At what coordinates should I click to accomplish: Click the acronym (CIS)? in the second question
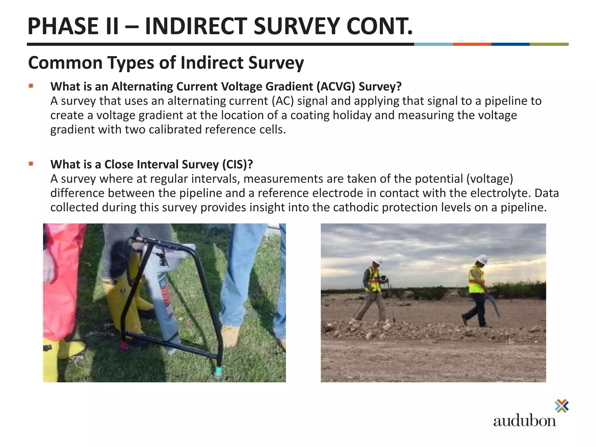click(237, 164)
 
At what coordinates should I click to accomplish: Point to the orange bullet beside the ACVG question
click(31, 86)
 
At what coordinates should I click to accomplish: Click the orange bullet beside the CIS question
click(31, 164)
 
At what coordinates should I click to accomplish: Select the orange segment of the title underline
click(472, 44)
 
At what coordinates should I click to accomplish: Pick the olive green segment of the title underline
click(549, 44)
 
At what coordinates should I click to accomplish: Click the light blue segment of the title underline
click(433, 44)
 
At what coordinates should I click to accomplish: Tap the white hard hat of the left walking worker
click(378, 261)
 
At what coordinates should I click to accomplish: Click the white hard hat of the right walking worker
click(482, 259)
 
